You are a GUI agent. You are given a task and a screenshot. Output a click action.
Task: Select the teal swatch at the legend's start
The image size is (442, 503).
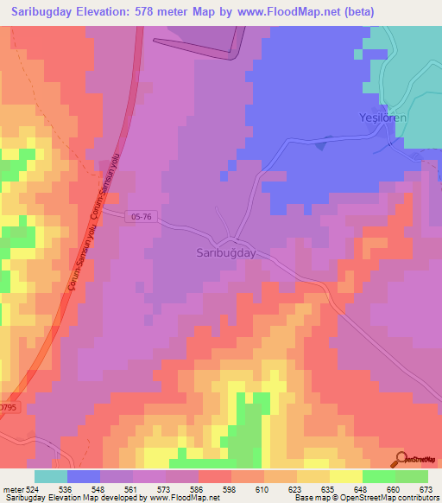tap(51, 476)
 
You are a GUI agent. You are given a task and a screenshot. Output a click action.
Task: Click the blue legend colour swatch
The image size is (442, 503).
tap(84, 476)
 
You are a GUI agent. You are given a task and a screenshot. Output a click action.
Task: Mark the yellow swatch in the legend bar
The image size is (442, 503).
tap(346, 476)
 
